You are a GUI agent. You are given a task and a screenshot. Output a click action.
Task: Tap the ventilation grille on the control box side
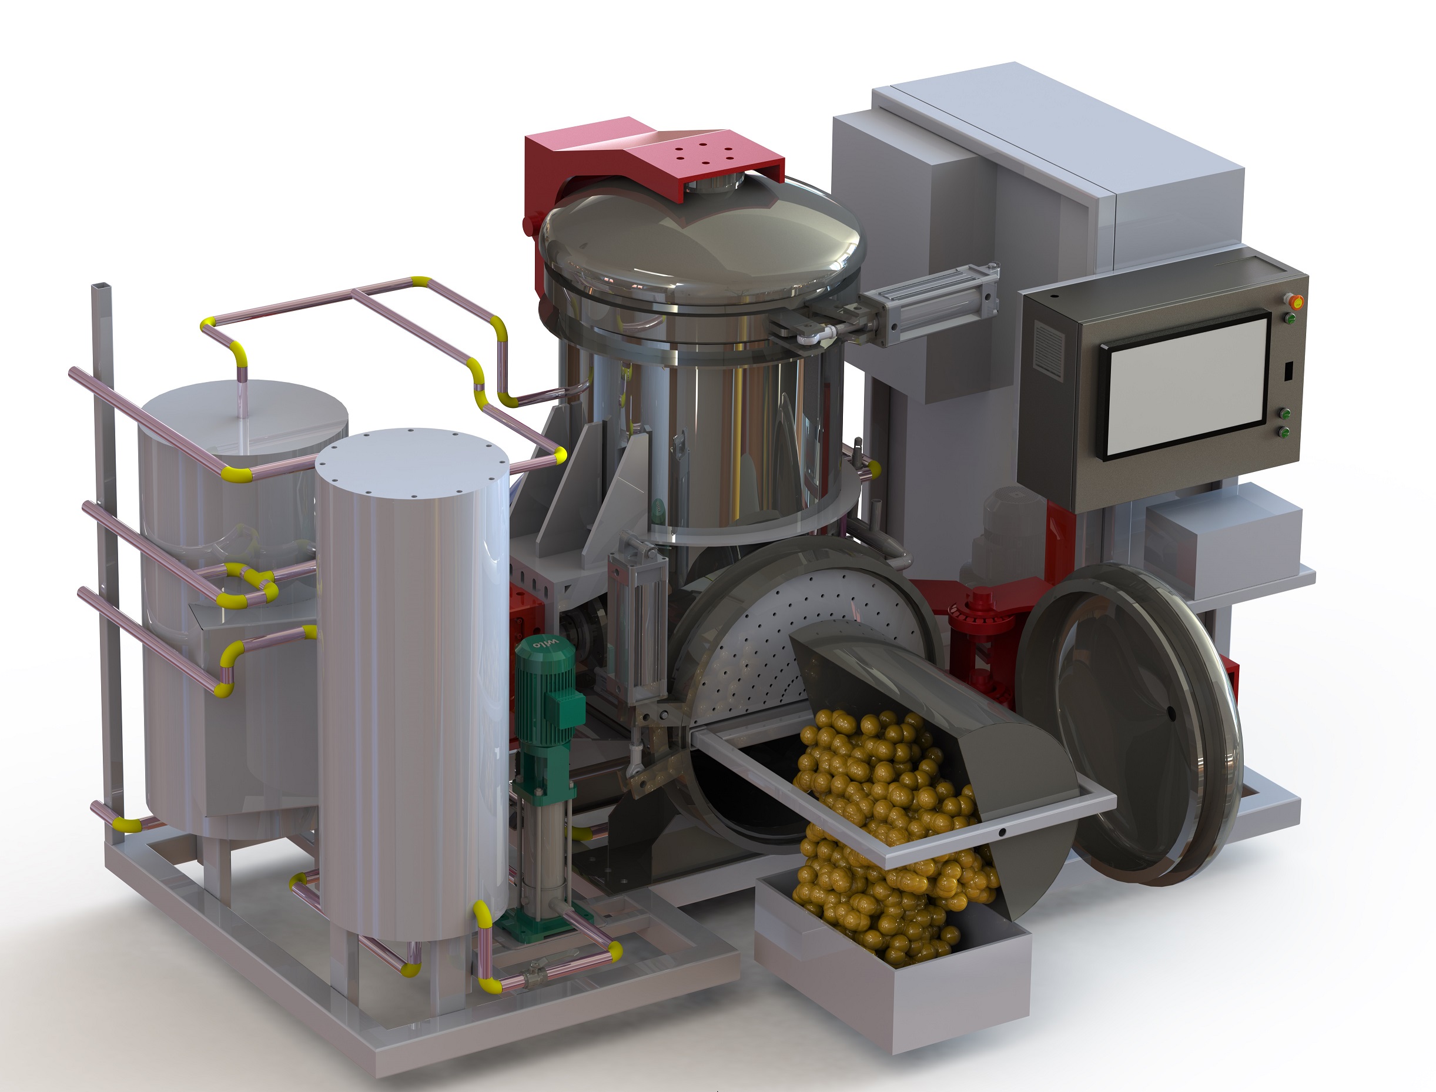click(x=1048, y=350)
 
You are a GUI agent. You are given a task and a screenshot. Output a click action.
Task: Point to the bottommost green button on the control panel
click(x=1285, y=431)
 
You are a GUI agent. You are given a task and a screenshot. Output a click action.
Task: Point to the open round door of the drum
click(x=1131, y=722)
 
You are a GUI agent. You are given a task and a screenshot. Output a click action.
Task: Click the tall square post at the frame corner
click(x=104, y=520)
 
